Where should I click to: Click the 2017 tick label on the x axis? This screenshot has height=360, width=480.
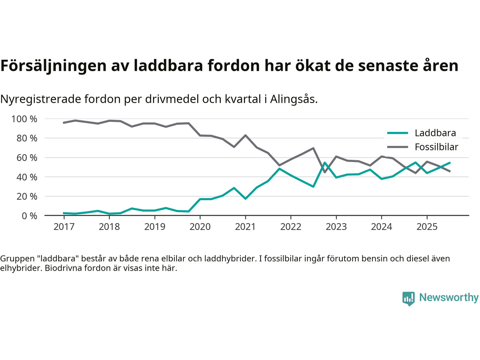coord(64,227)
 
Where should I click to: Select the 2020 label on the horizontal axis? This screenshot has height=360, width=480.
coord(200,227)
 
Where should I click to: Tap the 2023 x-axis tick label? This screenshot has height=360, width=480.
coord(336,227)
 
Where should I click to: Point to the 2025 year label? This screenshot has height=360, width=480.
coord(427,227)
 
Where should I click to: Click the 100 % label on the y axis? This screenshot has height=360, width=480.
coord(24,119)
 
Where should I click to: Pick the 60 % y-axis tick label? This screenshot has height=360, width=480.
coord(27,158)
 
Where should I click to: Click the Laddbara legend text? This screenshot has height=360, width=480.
coord(435,133)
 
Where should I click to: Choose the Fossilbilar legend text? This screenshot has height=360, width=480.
coord(436,147)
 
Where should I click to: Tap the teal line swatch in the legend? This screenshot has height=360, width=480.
coord(397,133)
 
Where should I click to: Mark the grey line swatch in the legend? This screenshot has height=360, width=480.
coord(397,147)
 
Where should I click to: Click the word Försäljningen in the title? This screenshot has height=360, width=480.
coord(53,66)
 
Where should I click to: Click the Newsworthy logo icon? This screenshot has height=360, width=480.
coord(408,298)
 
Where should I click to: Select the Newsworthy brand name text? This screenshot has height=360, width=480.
coord(448,297)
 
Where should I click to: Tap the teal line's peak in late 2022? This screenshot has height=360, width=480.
coord(325,163)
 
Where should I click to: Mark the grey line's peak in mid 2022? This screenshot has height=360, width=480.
coord(313,148)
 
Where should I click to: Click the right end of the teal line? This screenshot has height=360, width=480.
coord(450,163)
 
